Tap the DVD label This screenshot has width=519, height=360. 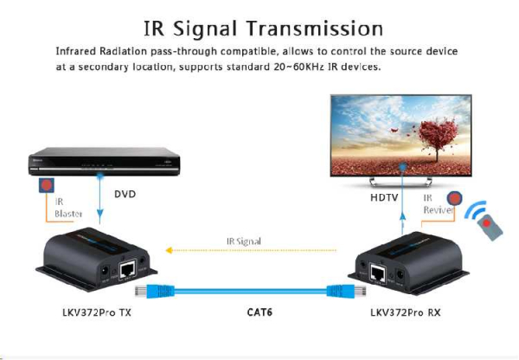point(125,195)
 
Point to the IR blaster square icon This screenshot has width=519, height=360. point(43,184)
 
